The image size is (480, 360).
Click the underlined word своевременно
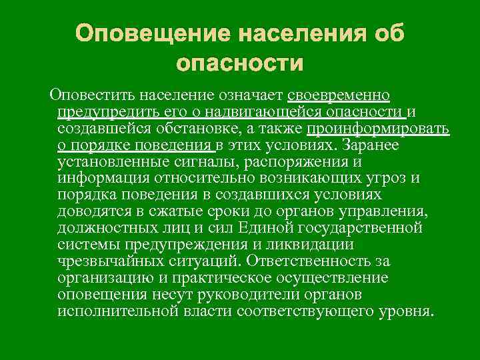[x=339, y=95]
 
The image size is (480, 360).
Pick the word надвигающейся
[x=244, y=111]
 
